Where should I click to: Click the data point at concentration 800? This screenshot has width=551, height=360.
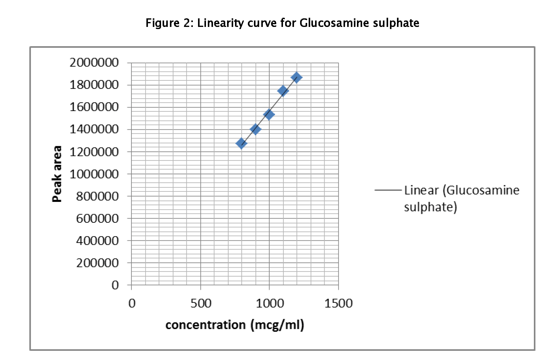tap(241, 143)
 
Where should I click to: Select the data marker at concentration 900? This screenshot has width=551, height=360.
tap(255, 129)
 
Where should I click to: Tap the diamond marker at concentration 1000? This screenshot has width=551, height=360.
tap(269, 115)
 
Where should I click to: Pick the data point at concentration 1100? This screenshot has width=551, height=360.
tap(283, 91)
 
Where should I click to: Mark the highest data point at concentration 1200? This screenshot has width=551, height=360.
tap(296, 77)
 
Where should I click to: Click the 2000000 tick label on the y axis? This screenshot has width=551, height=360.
tap(94, 63)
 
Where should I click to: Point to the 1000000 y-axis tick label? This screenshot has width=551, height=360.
tap(94, 174)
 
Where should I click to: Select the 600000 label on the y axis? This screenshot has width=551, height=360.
tap(97, 219)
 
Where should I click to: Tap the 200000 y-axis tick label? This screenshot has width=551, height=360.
tap(97, 263)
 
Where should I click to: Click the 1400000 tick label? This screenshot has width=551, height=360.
tap(94, 129)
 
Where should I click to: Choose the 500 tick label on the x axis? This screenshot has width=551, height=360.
tap(201, 303)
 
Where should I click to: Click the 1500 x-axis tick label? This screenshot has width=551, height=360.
tap(338, 303)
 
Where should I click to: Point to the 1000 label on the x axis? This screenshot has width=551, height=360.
tap(270, 303)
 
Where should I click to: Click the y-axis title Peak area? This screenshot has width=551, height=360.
tap(57, 174)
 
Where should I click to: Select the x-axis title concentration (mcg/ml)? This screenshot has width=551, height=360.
tap(235, 325)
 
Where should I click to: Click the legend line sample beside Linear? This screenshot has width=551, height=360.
tap(388, 190)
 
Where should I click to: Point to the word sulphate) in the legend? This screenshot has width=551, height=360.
tap(430, 207)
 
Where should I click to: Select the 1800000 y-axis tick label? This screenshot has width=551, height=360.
tap(94, 85)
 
